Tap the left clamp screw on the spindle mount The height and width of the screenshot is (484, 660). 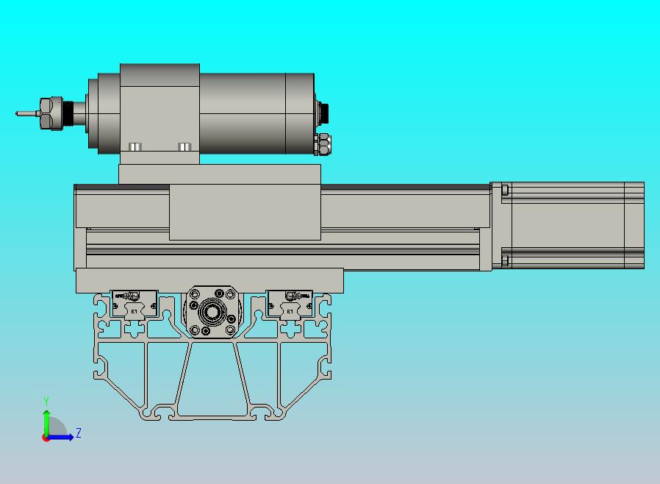134,147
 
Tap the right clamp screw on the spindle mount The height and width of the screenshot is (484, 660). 184,147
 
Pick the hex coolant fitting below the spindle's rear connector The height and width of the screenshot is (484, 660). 323,143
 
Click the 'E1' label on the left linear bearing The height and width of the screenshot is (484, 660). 134,311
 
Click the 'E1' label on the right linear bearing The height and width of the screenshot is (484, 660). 290,311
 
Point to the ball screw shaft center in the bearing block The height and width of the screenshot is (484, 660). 212,313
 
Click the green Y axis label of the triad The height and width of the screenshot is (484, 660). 46,401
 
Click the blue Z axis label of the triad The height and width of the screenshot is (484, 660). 79,433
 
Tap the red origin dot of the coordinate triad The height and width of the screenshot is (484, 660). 46,438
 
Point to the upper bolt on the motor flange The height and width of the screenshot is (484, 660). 505,190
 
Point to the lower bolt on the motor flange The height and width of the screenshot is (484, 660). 505,259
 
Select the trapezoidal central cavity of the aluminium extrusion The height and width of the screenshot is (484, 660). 212,375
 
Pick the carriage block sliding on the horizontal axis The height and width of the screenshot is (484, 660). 245,212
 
